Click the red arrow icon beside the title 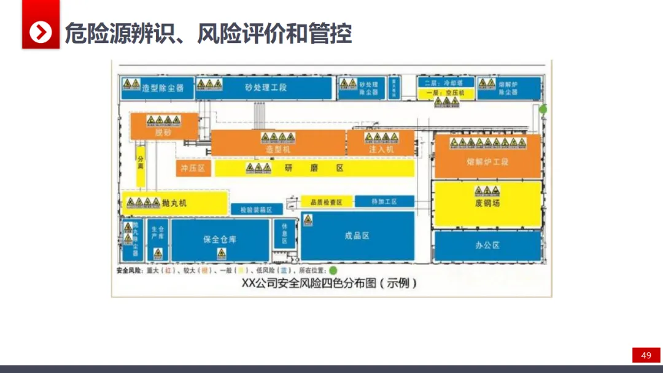[41, 32]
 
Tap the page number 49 [646, 356]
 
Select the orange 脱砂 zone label [163, 133]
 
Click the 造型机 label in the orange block [278, 149]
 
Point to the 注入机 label [381, 149]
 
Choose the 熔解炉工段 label [487, 162]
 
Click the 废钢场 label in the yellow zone [487, 202]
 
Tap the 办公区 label [487, 245]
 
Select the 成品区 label [357, 236]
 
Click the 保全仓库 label [220, 239]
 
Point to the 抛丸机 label [174, 202]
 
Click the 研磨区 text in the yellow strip [313, 167]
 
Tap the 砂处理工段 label [266, 88]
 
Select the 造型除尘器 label [163, 88]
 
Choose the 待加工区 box [384, 202]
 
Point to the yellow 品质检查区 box [325, 202]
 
